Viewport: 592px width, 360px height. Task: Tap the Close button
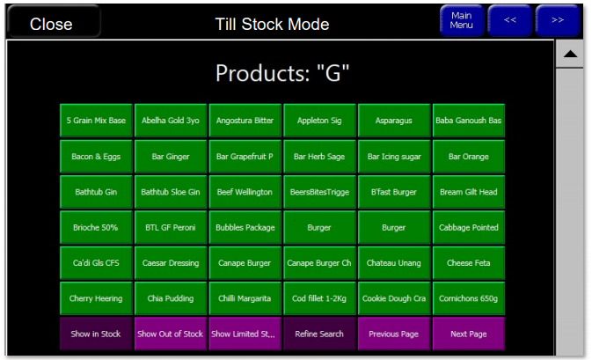(x=54, y=21)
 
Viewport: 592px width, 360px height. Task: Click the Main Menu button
(x=461, y=20)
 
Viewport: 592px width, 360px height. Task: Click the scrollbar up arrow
(x=570, y=54)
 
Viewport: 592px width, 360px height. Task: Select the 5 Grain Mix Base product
(x=96, y=120)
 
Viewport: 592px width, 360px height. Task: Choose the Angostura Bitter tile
(x=245, y=120)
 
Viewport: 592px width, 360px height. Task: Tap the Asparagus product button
(x=394, y=120)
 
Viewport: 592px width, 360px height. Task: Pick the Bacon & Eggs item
(x=96, y=156)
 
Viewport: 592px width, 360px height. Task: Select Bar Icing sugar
(x=394, y=156)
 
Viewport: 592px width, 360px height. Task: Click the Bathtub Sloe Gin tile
(x=171, y=192)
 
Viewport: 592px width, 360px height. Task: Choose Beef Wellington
(x=245, y=192)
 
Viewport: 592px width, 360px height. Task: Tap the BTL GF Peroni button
(x=171, y=227)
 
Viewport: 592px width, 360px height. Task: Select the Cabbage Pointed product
(x=469, y=227)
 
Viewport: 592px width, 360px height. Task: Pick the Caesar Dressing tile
(x=171, y=262)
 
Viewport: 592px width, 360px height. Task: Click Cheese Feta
(x=469, y=262)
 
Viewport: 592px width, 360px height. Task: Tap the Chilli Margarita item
(x=245, y=298)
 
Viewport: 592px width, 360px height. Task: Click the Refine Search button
(x=319, y=334)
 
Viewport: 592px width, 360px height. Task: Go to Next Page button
(x=469, y=334)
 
